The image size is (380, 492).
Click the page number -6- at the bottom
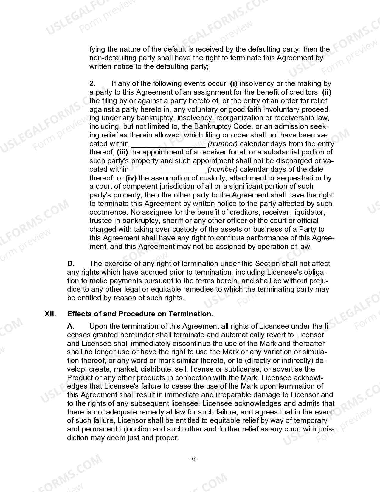point(194,459)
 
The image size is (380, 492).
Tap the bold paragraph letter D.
point(71,264)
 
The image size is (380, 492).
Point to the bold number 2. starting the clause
point(92,83)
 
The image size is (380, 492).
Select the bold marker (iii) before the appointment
point(122,152)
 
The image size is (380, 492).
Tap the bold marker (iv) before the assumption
point(131,178)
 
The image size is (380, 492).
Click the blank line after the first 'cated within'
point(168,144)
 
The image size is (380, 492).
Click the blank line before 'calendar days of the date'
point(168,169)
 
